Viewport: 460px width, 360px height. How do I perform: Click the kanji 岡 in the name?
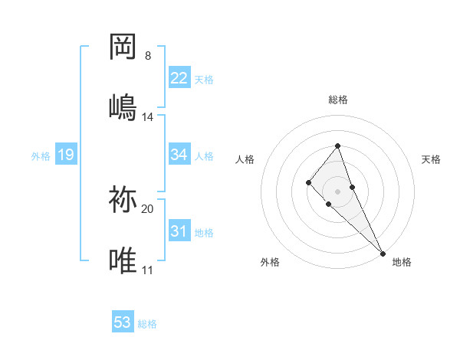click(123, 48)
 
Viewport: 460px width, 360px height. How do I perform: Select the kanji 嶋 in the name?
click(123, 106)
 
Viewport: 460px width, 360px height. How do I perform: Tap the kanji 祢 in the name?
click(123, 201)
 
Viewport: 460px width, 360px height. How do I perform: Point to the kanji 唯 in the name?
click(123, 260)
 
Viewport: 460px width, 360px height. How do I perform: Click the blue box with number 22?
click(179, 78)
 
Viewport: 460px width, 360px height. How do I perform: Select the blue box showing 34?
click(179, 155)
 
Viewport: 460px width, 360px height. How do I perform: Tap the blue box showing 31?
click(179, 231)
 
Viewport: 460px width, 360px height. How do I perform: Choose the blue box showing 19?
click(65, 155)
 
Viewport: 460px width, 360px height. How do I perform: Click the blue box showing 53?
click(123, 322)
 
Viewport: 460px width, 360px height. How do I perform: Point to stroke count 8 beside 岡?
click(147, 56)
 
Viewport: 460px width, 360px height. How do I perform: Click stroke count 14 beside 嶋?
click(148, 117)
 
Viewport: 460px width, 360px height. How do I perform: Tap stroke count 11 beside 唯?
click(147, 270)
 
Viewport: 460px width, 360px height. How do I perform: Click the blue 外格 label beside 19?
click(41, 156)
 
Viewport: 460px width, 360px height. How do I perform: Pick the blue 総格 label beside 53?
click(147, 324)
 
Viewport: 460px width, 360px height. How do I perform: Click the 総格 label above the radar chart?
click(337, 100)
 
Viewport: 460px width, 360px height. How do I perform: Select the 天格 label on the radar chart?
click(431, 159)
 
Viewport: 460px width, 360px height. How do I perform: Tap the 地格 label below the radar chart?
click(402, 262)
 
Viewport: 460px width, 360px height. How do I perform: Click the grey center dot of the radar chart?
click(337, 191)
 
